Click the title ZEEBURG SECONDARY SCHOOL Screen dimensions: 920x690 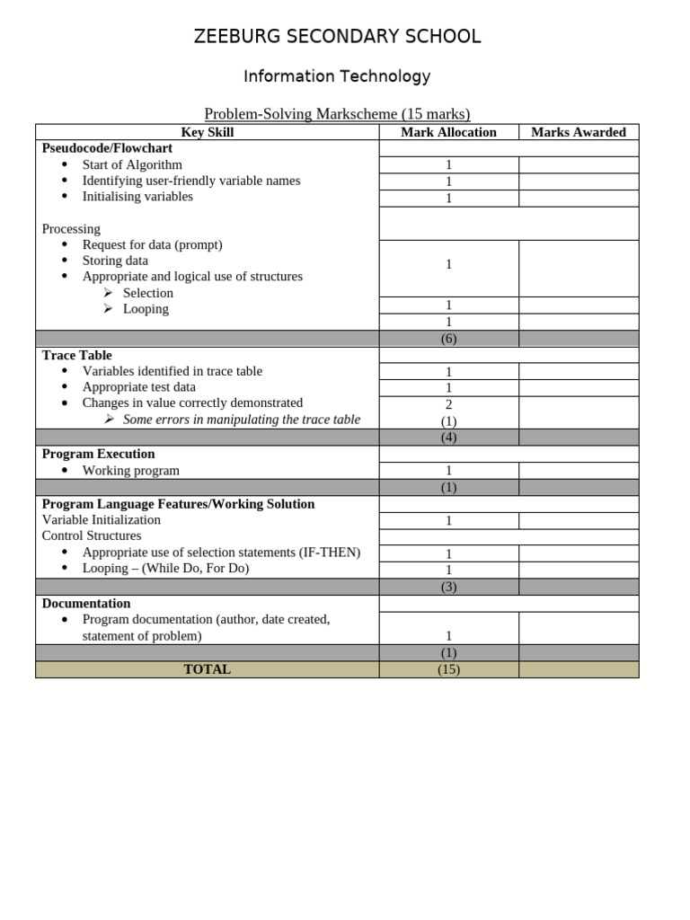(337, 37)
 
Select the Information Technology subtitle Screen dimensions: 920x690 (337, 76)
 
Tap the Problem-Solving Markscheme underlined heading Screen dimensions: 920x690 (337, 113)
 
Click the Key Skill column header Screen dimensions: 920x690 (208, 132)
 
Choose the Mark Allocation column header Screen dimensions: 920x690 (448, 132)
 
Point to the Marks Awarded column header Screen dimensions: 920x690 (579, 132)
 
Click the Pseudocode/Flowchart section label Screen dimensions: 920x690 (107, 148)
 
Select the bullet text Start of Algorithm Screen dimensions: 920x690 (132, 164)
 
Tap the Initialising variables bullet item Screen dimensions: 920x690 (137, 196)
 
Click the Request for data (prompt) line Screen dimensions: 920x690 (152, 244)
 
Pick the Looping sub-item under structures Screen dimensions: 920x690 (146, 308)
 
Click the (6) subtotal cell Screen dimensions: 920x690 (448, 339)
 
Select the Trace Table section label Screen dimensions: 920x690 (77, 355)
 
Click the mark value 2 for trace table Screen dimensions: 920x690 (448, 404)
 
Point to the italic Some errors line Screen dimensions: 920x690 (241, 420)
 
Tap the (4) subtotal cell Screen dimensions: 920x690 (448, 438)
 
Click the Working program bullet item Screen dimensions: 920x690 (131, 470)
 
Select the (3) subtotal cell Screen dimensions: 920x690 (448, 587)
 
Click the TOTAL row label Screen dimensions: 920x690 (208, 669)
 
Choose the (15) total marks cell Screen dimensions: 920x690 (448, 669)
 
